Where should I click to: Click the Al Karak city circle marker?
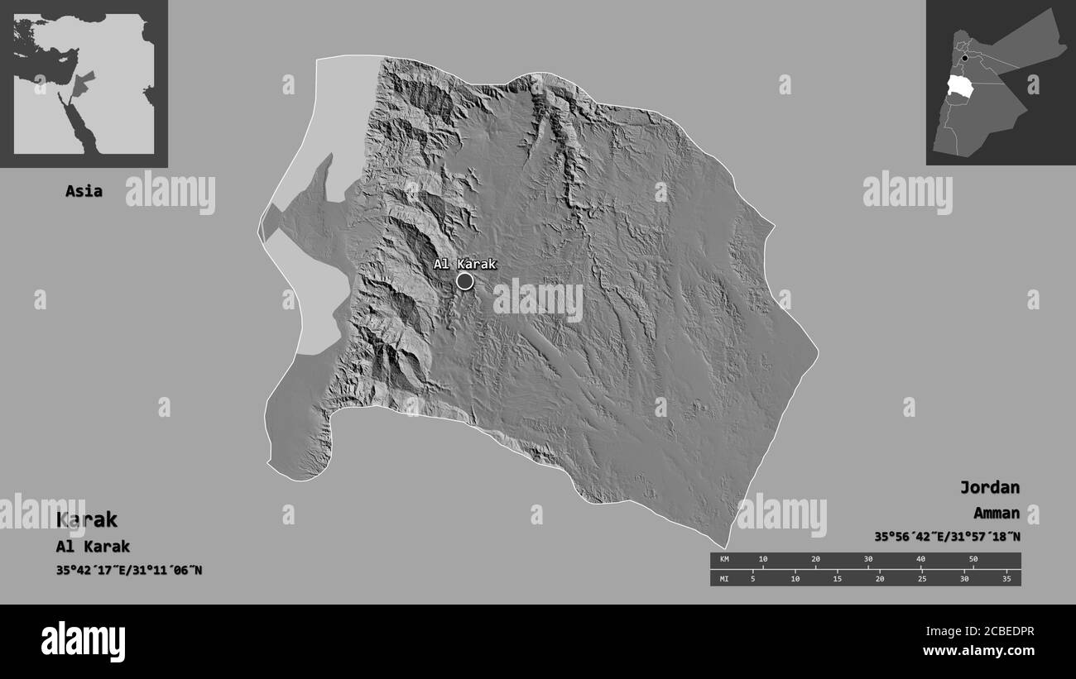coord(465,281)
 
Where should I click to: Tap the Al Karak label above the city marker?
coord(464,264)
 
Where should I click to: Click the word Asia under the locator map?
coord(84,191)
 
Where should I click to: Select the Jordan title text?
coord(989,487)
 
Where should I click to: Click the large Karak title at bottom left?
coord(86,519)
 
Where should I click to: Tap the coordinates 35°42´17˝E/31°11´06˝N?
coord(129,571)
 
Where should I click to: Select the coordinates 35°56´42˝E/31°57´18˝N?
coord(947,537)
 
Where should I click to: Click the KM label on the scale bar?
coord(723,560)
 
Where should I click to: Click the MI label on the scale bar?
coord(723,578)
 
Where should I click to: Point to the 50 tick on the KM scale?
coord(973,560)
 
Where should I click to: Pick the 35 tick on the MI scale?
coord(1006,578)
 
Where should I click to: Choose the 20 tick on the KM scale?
coord(815,560)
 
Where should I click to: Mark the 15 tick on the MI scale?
coord(837,578)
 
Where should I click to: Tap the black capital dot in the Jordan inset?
coord(965,59)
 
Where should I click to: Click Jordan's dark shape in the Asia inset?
coord(82,84)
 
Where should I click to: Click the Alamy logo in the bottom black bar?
coord(83,641)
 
